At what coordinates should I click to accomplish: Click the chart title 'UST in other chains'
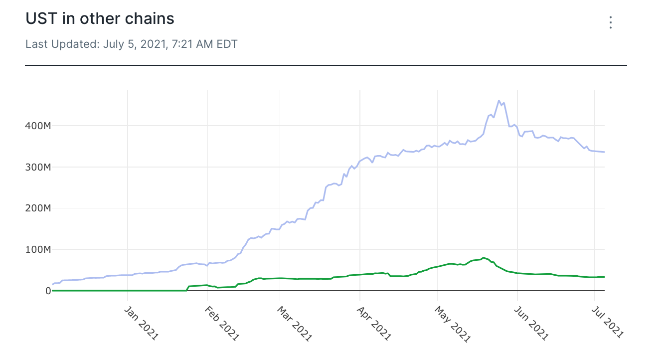[100, 19]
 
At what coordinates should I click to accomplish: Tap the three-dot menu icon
[610, 22]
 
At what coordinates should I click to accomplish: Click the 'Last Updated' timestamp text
[131, 44]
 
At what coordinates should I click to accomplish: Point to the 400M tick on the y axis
[38, 126]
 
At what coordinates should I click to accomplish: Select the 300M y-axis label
[38, 167]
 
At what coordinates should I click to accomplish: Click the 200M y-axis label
[38, 208]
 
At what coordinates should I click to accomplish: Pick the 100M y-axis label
[38, 249]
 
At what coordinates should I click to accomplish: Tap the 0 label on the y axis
[48, 291]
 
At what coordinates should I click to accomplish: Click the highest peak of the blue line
[499, 101]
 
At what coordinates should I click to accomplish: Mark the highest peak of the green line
[483, 258]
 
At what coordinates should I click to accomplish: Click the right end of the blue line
[604, 152]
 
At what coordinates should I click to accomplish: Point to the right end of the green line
[604, 277]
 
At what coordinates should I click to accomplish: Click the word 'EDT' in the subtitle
[227, 44]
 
